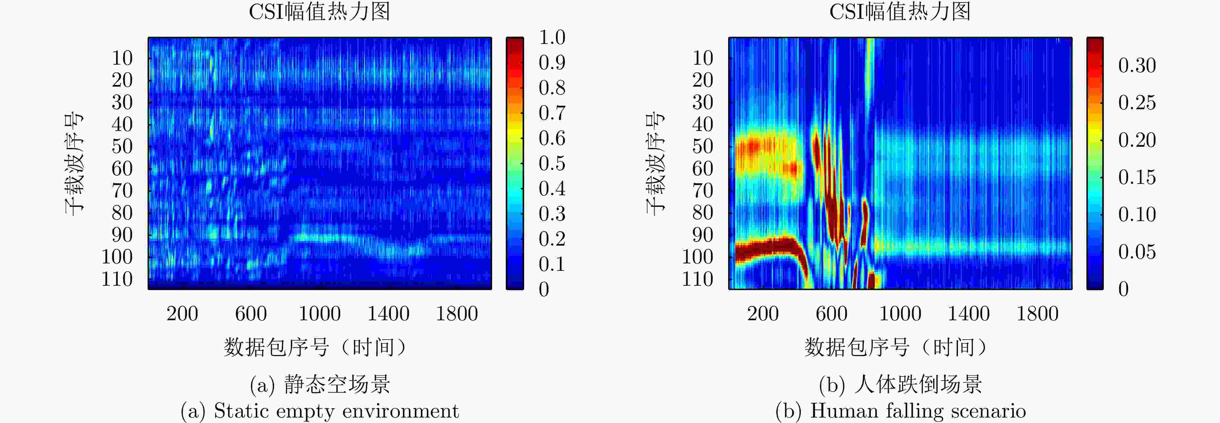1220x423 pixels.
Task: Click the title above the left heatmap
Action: click(x=319, y=12)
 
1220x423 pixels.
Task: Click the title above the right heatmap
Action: click(x=900, y=12)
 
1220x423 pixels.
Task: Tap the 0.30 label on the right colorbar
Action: click(x=1137, y=66)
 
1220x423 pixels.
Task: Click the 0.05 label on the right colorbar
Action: click(x=1137, y=252)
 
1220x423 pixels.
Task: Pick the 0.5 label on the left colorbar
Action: click(x=552, y=164)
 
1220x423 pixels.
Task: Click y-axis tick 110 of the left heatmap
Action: click(x=117, y=279)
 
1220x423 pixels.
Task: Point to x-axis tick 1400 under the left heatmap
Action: click(x=388, y=314)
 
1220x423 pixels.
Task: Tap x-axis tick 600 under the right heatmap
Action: click(x=831, y=314)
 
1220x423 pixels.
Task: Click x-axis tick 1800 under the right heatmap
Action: click(x=1037, y=314)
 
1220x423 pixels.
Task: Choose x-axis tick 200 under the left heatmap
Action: click(x=182, y=314)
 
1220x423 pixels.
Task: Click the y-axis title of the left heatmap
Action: click(x=74, y=163)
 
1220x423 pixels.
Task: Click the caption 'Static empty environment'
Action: click(x=336, y=411)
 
